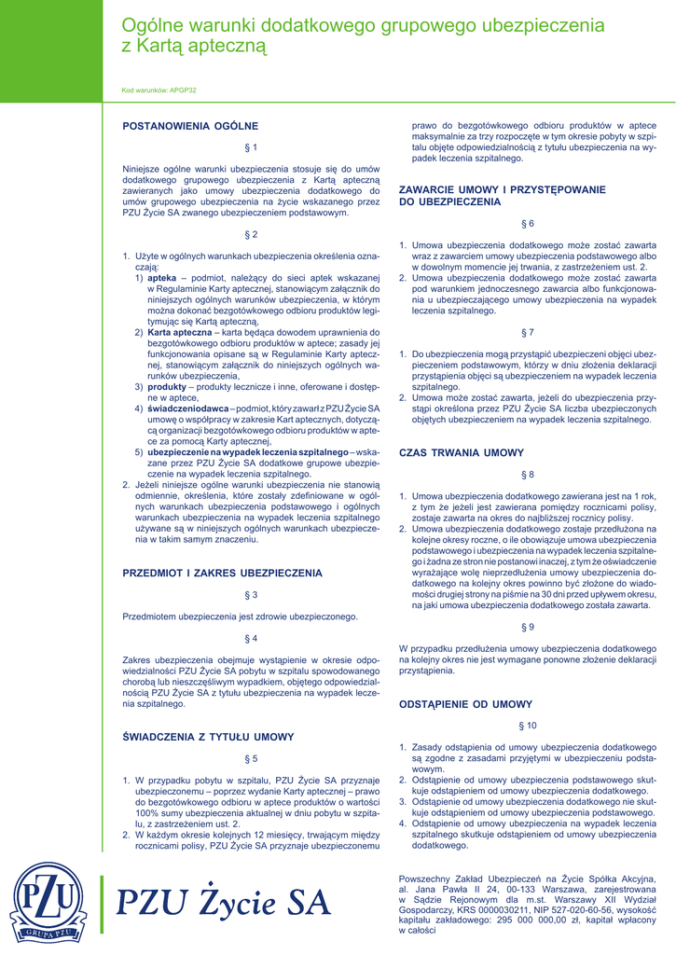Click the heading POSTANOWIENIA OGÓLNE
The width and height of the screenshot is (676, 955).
click(x=190, y=125)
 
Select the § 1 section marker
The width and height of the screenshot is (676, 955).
click(x=251, y=147)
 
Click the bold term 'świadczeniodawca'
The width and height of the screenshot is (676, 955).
click(x=187, y=408)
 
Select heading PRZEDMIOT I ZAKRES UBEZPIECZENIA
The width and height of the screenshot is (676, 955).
click(x=223, y=573)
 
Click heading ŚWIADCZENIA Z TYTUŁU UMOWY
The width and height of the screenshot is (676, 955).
click(x=208, y=737)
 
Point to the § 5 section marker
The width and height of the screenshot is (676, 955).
click(x=251, y=758)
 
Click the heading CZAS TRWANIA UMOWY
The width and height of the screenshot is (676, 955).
click(x=462, y=452)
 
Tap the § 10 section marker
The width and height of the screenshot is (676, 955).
click(x=527, y=725)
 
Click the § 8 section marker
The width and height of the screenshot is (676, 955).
click(x=527, y=475)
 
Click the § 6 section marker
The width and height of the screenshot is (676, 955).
click(x=527, y=224)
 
